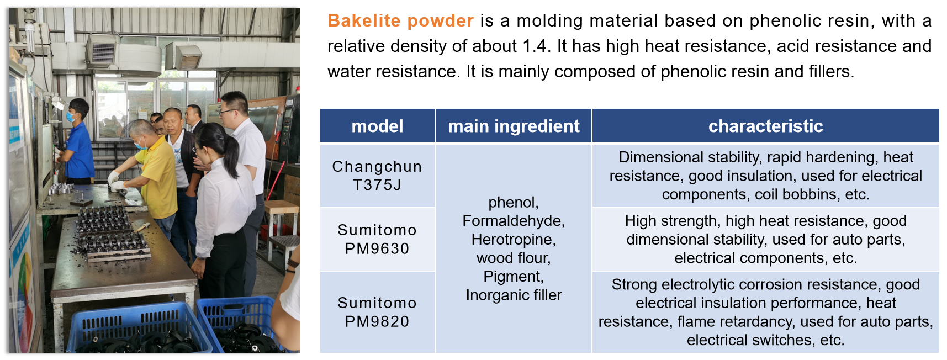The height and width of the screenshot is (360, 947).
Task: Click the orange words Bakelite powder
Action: coord(400,20)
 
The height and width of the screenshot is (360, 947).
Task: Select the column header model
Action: coord(377,126)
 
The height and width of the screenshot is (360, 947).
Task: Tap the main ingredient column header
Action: coord(514,126)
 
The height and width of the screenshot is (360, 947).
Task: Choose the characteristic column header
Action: coord(765,126)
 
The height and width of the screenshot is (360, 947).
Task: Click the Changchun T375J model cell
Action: coord(377,176)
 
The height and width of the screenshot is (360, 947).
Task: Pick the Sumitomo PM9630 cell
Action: coord(377,239)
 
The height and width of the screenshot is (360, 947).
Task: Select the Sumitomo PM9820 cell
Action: coord(377,312)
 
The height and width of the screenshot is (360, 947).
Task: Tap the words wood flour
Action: coord(514,258)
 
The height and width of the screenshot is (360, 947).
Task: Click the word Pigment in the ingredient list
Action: coord(514,277)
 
